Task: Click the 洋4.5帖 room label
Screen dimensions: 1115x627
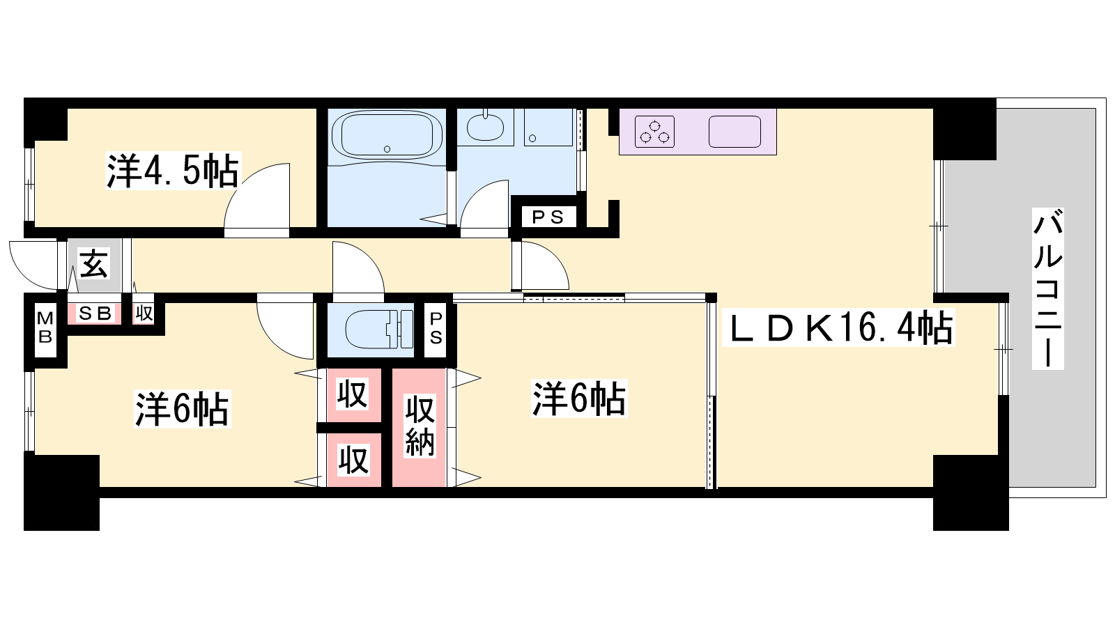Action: [172, 171]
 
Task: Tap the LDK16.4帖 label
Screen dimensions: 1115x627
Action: [838, 328]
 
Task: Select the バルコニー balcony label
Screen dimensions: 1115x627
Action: [1048, 288]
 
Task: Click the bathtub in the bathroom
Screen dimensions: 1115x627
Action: [387, 134]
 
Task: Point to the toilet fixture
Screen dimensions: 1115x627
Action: [378, 329]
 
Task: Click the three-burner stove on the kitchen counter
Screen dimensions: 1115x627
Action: [654, 132]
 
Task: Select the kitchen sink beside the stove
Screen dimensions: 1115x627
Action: [735, 132]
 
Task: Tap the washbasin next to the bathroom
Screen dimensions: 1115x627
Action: [485, 126]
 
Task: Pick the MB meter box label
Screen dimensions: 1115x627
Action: [45, 327]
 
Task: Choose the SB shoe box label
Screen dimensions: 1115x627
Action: [95, 313]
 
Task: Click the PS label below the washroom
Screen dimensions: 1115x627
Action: [548, 217]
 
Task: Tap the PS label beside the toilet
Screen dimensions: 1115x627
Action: [436, 328]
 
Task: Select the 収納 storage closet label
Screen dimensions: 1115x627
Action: [420, 426]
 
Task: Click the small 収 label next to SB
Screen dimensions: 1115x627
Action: [144, 313]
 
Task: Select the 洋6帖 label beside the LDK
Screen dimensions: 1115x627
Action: [579, 398]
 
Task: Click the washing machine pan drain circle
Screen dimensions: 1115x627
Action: [532, 139]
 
